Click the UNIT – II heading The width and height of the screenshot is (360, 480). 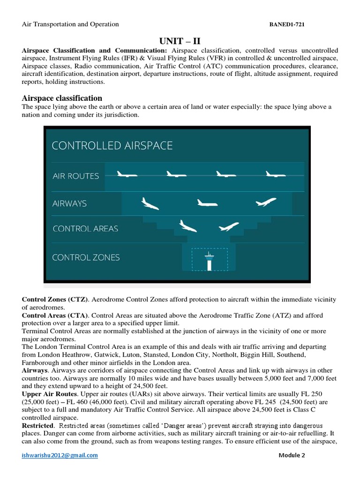pos(180,41)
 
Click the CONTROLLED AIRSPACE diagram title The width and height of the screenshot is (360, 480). pos(112,146)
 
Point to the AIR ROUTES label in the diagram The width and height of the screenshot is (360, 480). pos(75,176)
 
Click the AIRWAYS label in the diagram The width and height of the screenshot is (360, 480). pos(69,203)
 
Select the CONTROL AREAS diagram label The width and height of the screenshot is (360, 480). pos(85,229)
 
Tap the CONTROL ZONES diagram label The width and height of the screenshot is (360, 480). pos(86,257)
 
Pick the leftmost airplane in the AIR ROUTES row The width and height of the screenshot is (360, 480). pos(127,174)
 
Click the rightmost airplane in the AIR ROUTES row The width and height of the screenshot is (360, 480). pos(275,174)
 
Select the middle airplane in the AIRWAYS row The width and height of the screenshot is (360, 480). pos(207,203)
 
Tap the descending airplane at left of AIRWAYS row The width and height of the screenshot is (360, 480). pos(150,203)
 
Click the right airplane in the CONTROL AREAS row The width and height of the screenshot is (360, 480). pos(229,227)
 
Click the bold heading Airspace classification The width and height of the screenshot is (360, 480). pos(62,98)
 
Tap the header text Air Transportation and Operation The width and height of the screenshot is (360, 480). pos(70,24)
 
